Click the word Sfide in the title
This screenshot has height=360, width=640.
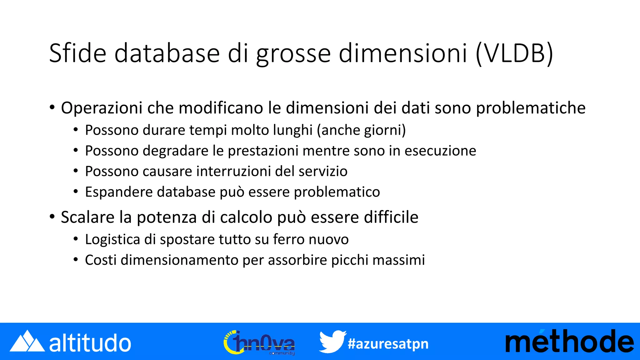click(78, 53)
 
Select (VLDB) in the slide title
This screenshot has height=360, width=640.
click(514, 54)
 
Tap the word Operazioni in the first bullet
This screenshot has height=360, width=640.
click(102, 108)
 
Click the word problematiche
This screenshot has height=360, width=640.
click(531, 108)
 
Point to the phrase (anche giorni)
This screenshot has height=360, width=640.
click(361, 130)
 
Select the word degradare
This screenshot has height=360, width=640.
click(176, 151)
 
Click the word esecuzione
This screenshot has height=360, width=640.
click(440, 151)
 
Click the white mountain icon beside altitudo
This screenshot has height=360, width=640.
click(27, 341)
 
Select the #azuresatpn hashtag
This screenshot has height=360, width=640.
click(388, 344)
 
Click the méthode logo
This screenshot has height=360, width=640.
click(569, 341)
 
